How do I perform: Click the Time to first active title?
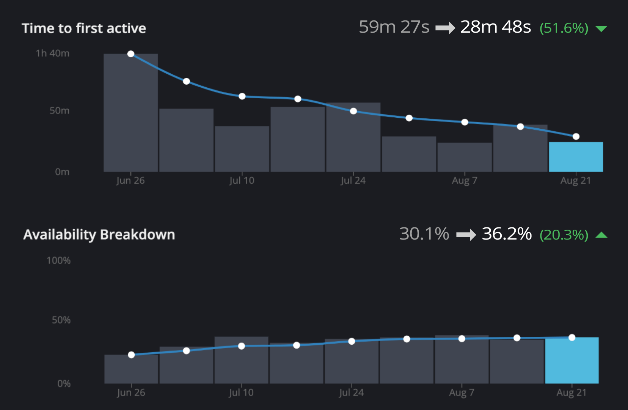click(x=84, y=28)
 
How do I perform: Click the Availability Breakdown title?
click(x=99, y=235)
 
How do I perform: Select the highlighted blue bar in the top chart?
click(x=576, y=157)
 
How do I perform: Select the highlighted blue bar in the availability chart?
click(x=571, y=361)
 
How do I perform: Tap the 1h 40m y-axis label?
click(x=53, y=54)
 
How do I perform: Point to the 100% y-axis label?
click(x=58, y=260)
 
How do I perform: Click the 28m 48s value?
click(x=495, y=27)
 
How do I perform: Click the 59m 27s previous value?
click(x=394, y=27)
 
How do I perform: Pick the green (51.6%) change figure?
click(x=564, y=28)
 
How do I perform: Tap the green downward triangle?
click(x=601, y=29)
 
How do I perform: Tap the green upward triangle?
click(x=601, y=235)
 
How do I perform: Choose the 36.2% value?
click(x=507, y=234)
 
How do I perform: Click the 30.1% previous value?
click(x=424, y=234)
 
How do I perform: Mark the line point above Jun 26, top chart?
click(x=131, y=54)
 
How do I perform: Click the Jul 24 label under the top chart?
click(x=353, y=181)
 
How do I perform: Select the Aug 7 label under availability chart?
click(x=462, y=393)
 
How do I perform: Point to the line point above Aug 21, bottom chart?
click(x=572, y=337)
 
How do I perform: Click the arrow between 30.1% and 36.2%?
click(x=466, y=235)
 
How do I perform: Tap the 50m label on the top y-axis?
click(x=60, y=111)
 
